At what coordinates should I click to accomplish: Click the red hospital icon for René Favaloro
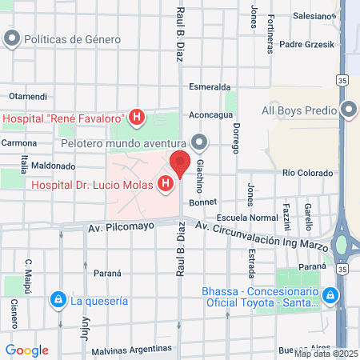(137, 118)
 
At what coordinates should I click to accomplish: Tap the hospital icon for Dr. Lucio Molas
(166, 185)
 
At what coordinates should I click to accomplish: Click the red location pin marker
(179, 163)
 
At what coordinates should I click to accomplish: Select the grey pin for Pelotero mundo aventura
(199, 144)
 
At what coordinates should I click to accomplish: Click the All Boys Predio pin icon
(348, 110)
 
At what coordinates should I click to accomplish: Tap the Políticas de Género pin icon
(12, 38)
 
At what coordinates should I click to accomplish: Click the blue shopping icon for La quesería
(58, 301)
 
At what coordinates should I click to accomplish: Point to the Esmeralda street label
(210, 86)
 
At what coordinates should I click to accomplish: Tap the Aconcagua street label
(211, 115)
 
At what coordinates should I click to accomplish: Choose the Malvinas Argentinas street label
(134, 350)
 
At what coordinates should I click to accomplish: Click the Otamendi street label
(28, 96)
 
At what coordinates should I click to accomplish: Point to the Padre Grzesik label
(307, 44)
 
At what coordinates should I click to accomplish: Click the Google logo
(26, 350)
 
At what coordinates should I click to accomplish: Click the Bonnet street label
(204, 202)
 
